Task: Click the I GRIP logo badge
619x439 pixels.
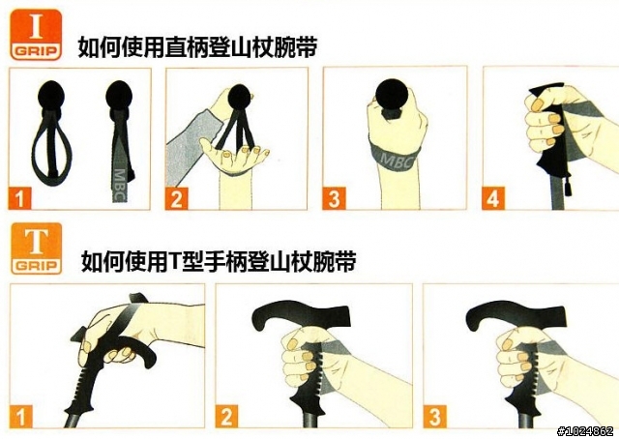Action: (x=36, y=35)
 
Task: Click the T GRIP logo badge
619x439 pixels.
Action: (x=37, y=249)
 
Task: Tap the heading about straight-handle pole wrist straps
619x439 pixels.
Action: (x=197, y=47)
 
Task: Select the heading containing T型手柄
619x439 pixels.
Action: (x=219, y=261)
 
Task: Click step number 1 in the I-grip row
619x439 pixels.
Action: (x=19, y=198)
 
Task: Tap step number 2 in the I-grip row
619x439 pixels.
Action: (x=176, y=198)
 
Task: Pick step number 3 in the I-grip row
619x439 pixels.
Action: (x=334, y=198)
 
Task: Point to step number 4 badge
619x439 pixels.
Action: (x=493, y=198)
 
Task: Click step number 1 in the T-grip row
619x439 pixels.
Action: (x=21, y=417)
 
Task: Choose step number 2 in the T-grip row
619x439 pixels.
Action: (x=226, y=416)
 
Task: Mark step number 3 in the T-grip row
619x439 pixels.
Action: (x=434, y=417)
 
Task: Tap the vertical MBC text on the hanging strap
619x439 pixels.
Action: (x=120, y=185)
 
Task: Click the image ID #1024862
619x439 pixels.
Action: (x=586, y=430)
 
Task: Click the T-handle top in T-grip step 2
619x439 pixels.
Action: (x=301, y=314)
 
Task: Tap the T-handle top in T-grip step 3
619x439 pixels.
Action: (x=516, y=314)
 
